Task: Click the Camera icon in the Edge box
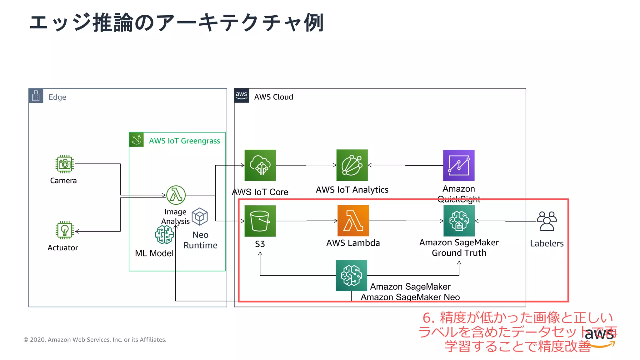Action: coord(65,164)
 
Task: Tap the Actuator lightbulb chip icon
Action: coord(65,230)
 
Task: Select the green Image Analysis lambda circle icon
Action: coord(176,195)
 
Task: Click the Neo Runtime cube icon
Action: coord(200,217)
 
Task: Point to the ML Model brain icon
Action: coord(164,235)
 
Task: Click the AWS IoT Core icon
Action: coord(260,165)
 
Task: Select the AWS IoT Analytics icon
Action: coord(352,165)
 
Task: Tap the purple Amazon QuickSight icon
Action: coord(459,165)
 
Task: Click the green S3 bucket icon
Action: coord(260,221)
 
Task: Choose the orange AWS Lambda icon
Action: coord(353,221)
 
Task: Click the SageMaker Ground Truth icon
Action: coord(459,221)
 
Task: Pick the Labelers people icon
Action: coord(547,221)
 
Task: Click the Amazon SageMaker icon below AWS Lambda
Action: coord(351,275)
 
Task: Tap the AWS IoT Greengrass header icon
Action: coord(136,140)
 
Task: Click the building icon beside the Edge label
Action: coord(36,96)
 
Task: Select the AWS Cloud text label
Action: coord(273,97)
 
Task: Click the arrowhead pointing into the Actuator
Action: coord(77,231)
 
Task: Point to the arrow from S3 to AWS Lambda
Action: coord(306,221)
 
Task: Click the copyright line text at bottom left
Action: coord(95,340)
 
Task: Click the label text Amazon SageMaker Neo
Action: coord(410,297)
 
